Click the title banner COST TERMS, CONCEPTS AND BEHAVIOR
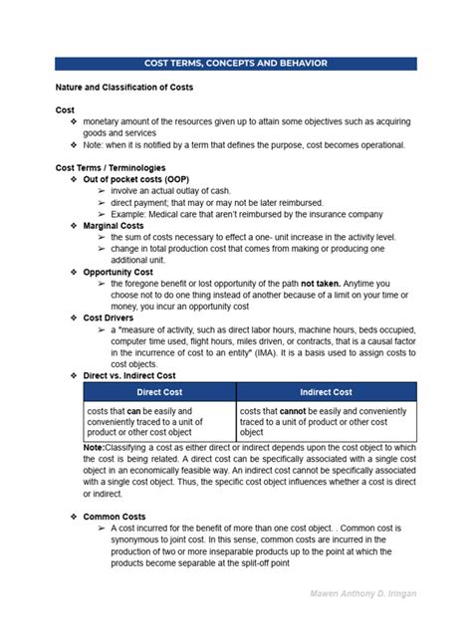(236, 64)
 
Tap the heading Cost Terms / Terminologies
(111, 168)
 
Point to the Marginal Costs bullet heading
(114, 226)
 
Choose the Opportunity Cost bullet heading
(118, 272)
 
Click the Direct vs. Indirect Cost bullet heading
(128, 375)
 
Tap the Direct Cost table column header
(159, 392)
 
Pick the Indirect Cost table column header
(326, 392)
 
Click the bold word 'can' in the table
(133, 410)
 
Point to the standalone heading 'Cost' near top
(65, 109)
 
